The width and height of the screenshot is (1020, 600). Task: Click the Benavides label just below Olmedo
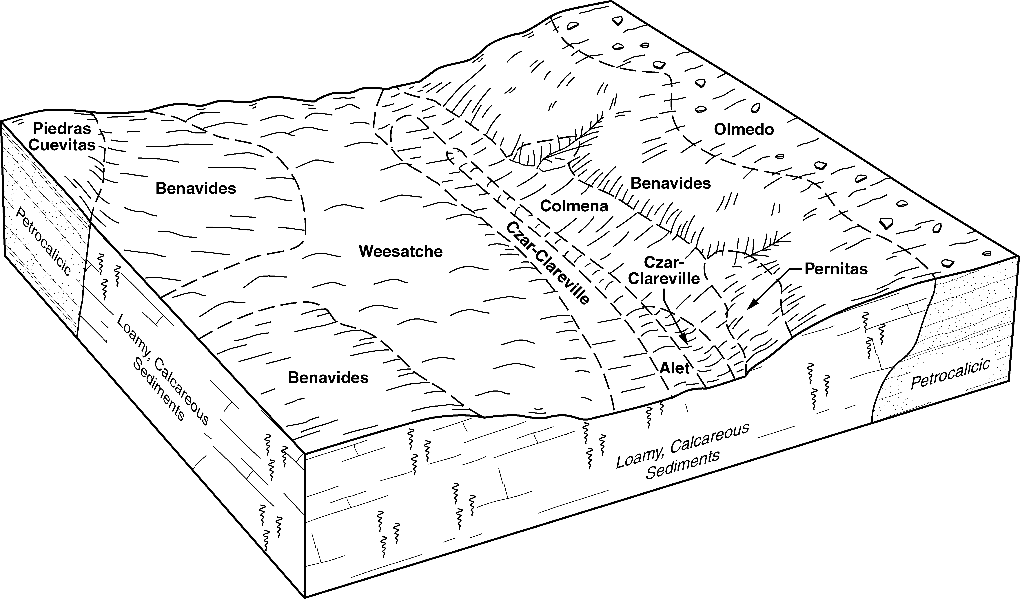[671, 183]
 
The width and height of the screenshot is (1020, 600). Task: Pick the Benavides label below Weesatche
[328, 377]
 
